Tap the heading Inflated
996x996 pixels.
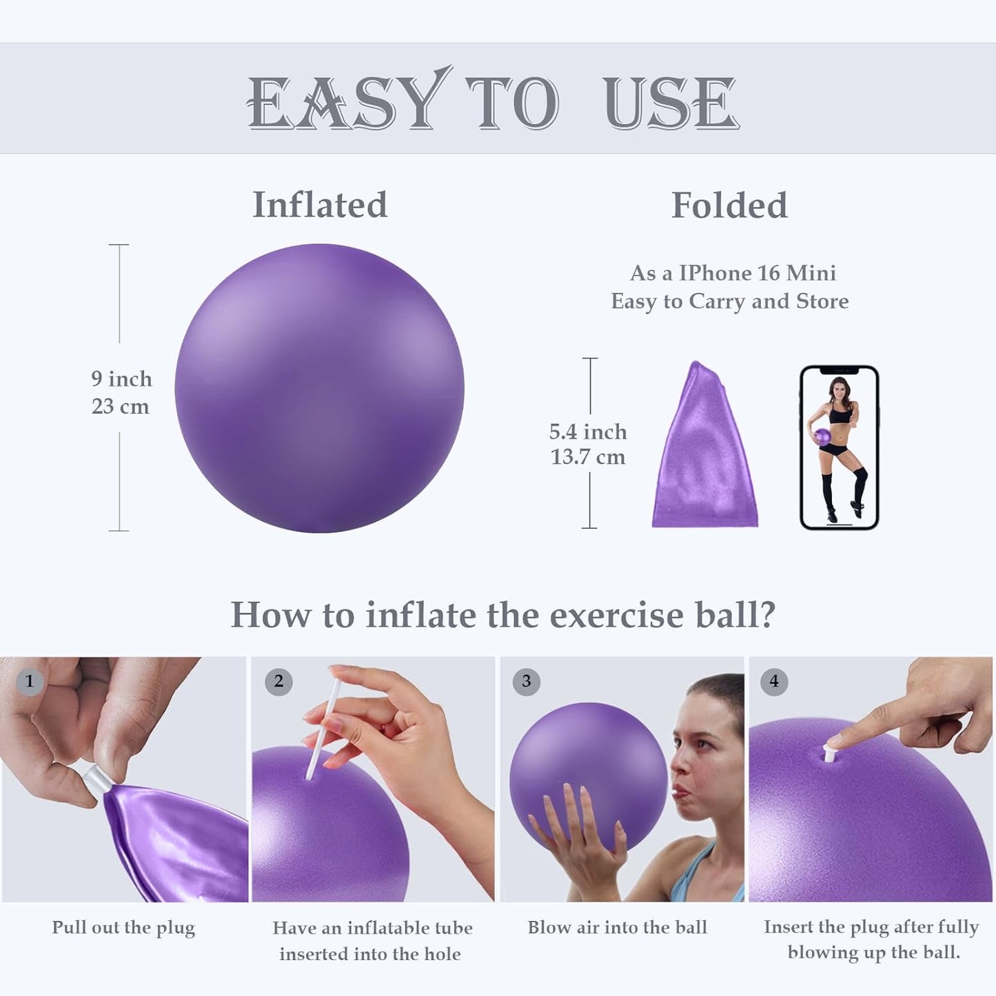320,205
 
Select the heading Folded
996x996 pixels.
729,205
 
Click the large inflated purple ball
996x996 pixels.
319,388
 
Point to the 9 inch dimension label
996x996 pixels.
121,378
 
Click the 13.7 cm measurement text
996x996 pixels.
588,457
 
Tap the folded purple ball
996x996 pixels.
704,451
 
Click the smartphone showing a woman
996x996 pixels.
839,447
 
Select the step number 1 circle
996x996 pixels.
29,681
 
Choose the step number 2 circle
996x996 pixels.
278,681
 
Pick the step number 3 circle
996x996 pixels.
526,681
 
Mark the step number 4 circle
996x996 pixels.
774,681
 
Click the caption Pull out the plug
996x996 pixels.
123,928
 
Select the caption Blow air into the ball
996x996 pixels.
617,928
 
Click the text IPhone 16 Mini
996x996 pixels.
758,273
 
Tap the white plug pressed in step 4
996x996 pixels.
830,752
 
